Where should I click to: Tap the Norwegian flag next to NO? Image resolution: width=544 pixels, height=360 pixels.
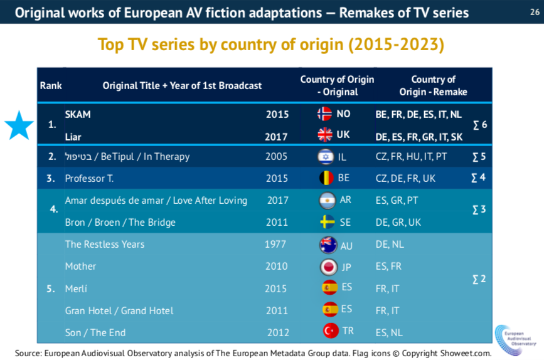(x=324, y=114)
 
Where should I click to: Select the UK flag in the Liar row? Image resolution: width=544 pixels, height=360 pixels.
(x=324, y=135)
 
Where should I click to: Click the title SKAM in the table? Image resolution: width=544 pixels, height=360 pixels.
(x=78, y=114)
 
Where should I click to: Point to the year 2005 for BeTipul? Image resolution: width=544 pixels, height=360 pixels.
(x=277, y=157)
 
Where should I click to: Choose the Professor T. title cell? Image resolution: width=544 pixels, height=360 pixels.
(x=89, y=179)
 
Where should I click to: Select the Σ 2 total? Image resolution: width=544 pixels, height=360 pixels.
(x=478, y=279)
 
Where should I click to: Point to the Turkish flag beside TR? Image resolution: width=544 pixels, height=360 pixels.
(x=330, y=331)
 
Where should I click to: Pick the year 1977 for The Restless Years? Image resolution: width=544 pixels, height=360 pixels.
(x=277, y=245)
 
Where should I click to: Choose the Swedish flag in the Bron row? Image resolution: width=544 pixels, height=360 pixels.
(x=326, y=223)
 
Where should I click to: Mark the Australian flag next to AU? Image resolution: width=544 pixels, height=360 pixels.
(x=327, y=245)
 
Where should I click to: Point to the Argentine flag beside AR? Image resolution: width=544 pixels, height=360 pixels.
(x=326, y=201)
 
